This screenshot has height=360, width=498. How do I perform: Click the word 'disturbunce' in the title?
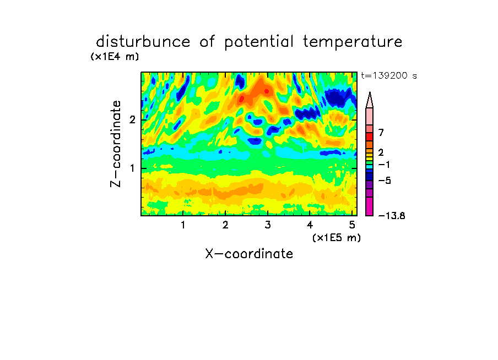(x=143, y=42)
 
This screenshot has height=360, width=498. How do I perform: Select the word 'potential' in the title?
(x=258, y=42)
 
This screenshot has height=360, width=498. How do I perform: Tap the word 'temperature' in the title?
(x=352, y=42)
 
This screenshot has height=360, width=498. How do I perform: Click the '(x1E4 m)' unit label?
(x=115, y=57)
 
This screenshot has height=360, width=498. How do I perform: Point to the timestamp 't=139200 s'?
(x=389, y=75)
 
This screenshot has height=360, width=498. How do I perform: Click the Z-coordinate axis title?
(x=116, y=144)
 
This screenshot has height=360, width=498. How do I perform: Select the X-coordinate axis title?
(x=249, y=254)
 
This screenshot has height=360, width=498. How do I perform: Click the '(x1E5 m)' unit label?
(x=337, y=238)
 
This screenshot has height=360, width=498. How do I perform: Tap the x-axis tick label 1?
(x=183, y=225)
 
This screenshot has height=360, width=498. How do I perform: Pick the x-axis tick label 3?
(x=268, y=225)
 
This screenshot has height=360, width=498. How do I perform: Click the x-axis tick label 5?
(x=352, y=225)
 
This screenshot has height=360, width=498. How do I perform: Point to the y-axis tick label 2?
(x=132, y=120)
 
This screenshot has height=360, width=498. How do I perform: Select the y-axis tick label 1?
(x=132, y=168)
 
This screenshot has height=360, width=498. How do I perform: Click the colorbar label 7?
(x=381, y=133)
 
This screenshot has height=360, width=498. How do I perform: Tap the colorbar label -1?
(x=384, y=165)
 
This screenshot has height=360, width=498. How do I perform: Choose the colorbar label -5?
(x=385, y=181)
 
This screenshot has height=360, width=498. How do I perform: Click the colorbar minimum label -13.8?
(x=392, y=216)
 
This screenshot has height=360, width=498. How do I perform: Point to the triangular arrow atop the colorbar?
(x=370, y=100)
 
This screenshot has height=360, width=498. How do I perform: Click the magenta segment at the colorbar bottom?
(x=370, y=206)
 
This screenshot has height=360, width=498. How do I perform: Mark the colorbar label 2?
(x=381, y=152)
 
